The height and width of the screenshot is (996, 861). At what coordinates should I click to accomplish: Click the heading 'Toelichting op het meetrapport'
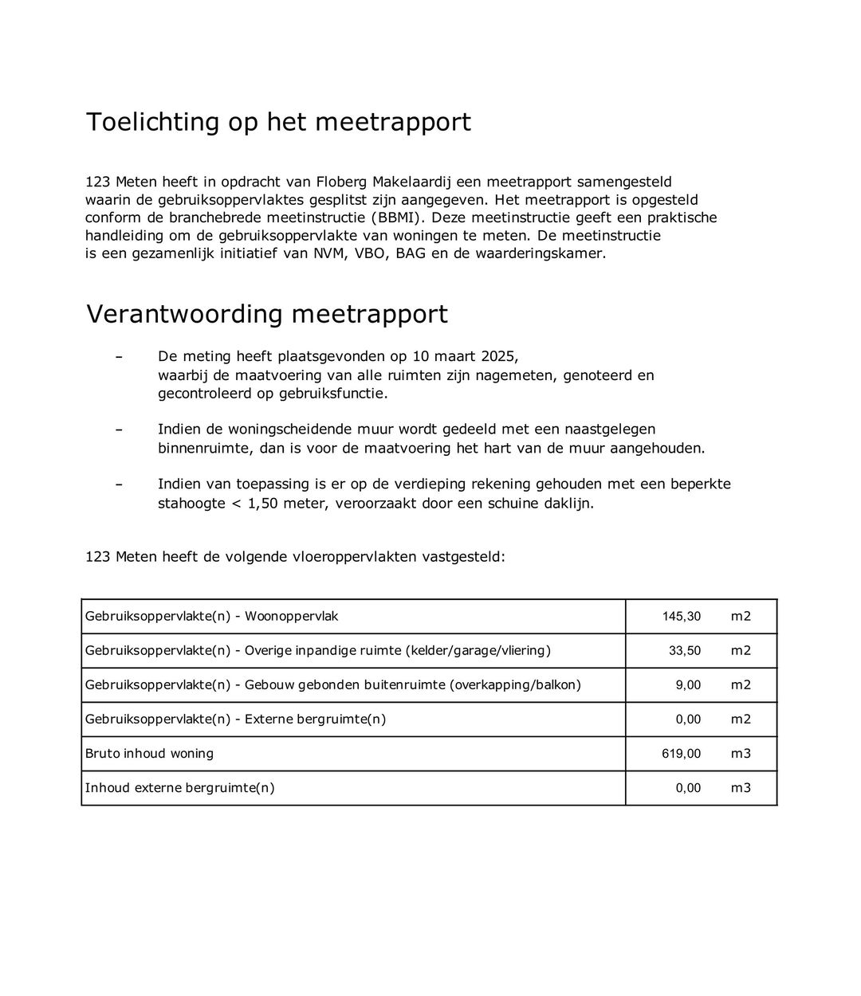(278, 123)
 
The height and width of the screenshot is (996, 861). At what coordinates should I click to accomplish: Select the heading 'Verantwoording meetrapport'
(266, 315)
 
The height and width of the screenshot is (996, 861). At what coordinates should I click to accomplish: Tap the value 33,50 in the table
(684, 651)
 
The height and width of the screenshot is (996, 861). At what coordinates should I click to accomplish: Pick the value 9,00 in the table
(688, 685)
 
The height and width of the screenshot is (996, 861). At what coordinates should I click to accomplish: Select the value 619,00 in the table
(681, 754)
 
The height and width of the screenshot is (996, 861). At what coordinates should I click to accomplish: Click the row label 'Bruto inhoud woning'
(149, 754)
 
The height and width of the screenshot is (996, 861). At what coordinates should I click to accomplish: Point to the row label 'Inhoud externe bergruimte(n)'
(179, 788)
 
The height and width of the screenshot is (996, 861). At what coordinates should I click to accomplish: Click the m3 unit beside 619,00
(741, 754)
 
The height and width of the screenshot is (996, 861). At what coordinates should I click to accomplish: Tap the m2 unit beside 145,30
(741, 617)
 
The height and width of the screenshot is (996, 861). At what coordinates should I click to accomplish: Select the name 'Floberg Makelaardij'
(387, 182)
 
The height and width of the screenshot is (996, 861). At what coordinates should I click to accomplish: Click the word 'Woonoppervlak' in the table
(291, 617)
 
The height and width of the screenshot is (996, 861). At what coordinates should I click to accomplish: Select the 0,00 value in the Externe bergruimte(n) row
(688, 720)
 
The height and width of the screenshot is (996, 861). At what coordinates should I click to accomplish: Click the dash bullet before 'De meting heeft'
(119, 356)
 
